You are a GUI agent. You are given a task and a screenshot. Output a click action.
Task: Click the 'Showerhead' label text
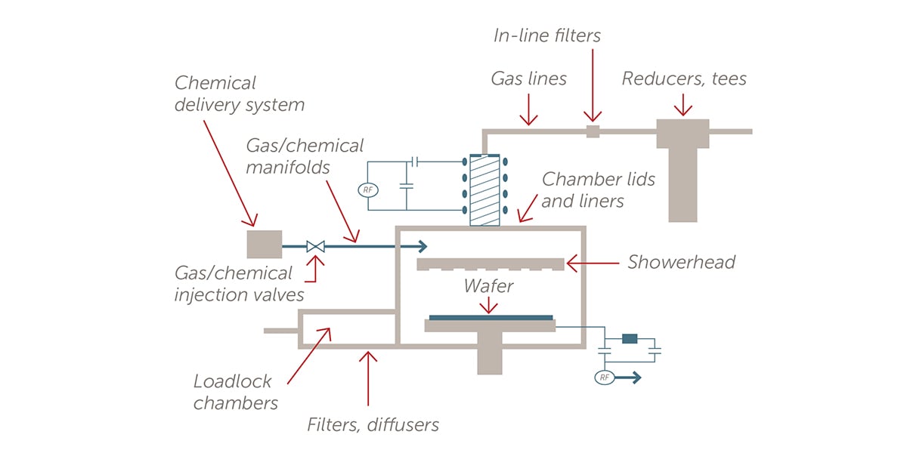tap(681, 263)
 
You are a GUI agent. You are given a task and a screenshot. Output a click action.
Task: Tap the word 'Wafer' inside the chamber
tap(489, 286)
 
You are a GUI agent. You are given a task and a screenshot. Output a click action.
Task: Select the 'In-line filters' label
tap(547, 35)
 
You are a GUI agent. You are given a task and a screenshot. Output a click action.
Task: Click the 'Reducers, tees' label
tap(684, 79)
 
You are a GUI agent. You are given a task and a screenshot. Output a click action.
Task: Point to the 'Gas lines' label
tap(528, 79)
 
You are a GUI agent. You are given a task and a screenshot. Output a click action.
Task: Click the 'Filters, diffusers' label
tap(373, 424)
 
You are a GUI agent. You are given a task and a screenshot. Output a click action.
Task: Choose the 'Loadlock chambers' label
tap(235, 392)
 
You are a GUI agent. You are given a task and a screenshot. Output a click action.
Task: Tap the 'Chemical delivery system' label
tap(239, 94)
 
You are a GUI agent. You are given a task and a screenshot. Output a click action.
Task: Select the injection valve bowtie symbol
tap(315, 246)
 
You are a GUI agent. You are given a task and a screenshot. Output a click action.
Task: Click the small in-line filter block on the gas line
tap(593, 131)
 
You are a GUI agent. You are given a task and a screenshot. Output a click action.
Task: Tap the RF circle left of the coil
tap(368, 190)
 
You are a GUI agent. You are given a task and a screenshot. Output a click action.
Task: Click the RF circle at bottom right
tap(604, 377)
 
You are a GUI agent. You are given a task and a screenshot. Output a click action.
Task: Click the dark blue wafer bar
tap(491, 317)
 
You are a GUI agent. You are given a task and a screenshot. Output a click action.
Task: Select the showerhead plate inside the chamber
tap(491, 263)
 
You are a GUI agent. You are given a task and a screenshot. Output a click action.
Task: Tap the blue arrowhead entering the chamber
tap(421, 246)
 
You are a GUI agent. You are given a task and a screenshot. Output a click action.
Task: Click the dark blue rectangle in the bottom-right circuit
tap(630, 339)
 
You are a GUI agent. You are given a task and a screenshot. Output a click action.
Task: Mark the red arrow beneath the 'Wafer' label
tap(490, 304)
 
